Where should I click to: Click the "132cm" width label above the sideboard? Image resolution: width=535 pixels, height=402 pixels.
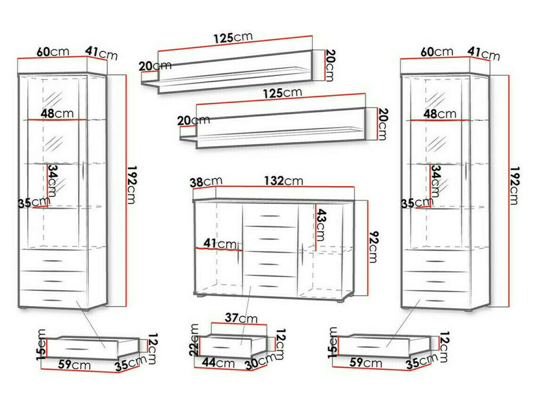283,181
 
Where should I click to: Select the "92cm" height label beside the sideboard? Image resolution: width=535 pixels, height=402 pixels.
374,247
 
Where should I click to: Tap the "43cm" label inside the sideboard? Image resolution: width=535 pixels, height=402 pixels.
321,225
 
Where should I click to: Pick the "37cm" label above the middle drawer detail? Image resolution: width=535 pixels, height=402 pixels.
241,318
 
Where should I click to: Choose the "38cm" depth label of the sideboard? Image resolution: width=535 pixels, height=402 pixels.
206,182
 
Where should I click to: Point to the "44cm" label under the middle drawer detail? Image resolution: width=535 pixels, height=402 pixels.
218,362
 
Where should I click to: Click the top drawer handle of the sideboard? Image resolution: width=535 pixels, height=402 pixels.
270,216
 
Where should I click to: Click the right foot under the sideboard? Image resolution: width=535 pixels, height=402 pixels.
342,301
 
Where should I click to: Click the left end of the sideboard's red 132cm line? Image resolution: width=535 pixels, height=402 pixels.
216,186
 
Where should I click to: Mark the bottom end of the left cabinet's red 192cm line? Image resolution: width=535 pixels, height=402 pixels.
126,307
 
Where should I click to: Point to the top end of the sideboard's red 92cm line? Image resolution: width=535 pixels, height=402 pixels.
368,201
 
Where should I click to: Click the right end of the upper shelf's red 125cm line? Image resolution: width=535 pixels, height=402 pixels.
312,36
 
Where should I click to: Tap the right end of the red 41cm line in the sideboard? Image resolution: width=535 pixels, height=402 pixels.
242,251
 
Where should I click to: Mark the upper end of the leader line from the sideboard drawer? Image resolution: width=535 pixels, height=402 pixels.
250,287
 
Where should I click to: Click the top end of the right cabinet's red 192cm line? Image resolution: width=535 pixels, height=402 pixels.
509,75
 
